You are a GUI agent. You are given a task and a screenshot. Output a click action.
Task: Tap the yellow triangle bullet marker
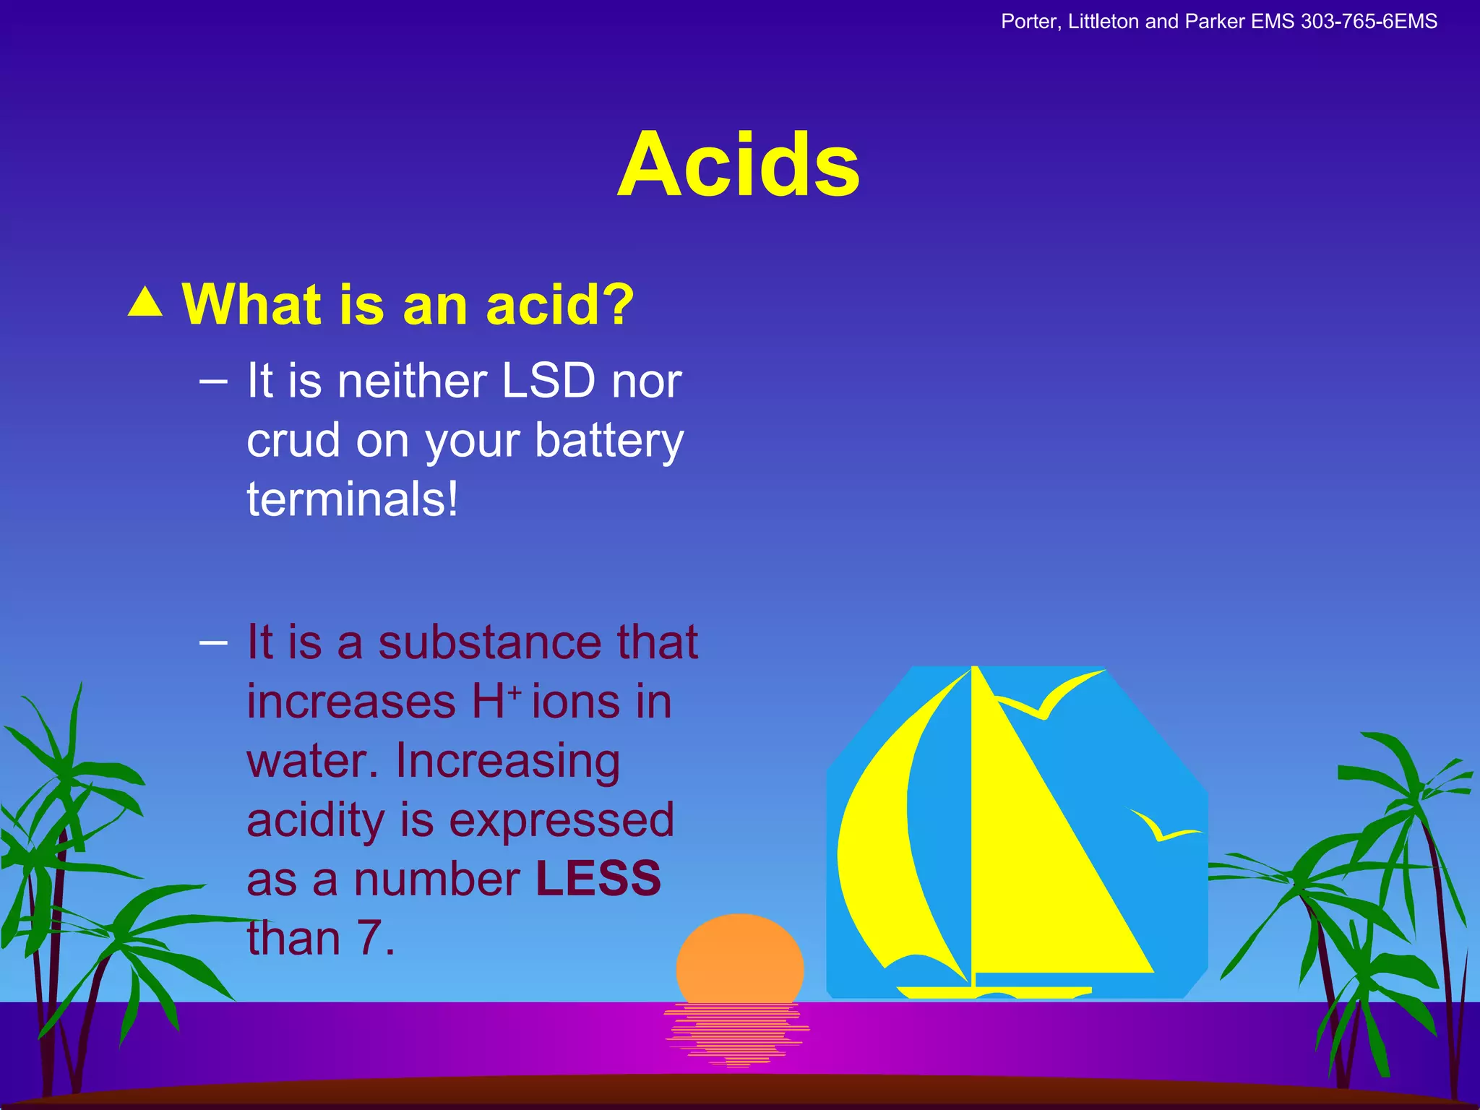[x=145, y=303]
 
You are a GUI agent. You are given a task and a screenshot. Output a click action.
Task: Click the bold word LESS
[x=598, y=879]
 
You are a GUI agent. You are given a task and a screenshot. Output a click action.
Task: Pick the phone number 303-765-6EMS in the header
[x=1369, y=22]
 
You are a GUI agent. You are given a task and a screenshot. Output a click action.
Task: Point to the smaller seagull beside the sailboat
[x=1161, y=828]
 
